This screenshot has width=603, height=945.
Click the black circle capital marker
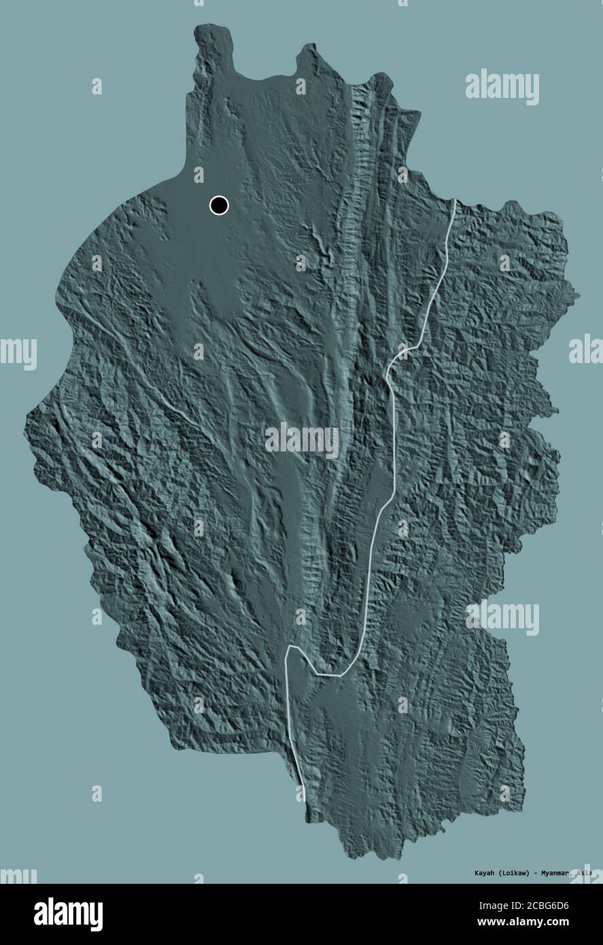pos(219,205)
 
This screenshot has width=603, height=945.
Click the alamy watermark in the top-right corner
pos(502,88)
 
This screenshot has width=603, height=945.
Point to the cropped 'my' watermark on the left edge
pos(18,353)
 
